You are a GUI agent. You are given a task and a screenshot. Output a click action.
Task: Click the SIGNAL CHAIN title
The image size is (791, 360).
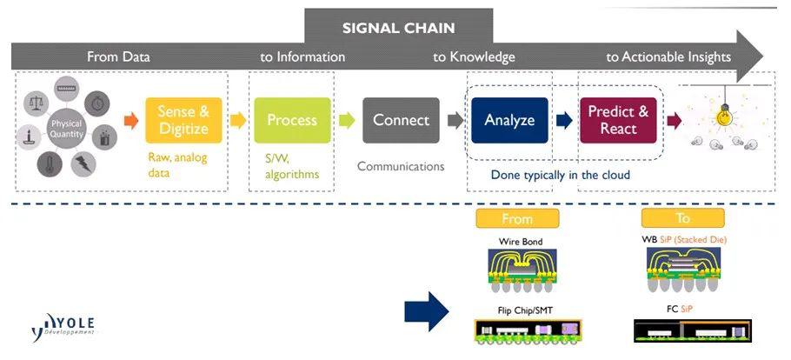pos(398,27)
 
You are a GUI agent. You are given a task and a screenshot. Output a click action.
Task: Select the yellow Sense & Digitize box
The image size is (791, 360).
pos(183,120)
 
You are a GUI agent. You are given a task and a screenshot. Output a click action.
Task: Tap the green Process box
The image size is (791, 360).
pos(292,120)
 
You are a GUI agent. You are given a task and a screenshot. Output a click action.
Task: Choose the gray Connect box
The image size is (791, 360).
pos(401,120)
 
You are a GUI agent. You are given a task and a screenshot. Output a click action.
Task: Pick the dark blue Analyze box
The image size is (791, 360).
pos(509,120)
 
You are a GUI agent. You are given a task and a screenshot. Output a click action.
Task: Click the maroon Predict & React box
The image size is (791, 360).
pos(618,120)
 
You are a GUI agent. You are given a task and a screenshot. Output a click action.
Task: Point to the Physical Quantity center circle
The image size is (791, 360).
pos(66,129)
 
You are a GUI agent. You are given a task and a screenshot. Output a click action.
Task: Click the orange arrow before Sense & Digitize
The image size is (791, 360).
pos(131,120)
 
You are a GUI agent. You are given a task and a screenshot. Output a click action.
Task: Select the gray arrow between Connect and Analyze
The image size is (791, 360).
pos(455,120)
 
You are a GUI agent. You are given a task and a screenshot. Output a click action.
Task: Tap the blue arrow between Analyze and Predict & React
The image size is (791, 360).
pos(564,120)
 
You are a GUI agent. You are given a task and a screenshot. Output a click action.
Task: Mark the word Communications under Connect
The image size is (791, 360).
pos(401,166)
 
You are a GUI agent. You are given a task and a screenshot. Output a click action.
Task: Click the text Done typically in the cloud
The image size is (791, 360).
pos(560,175)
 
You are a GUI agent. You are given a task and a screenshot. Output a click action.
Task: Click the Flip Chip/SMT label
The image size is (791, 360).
pos(516,310)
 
